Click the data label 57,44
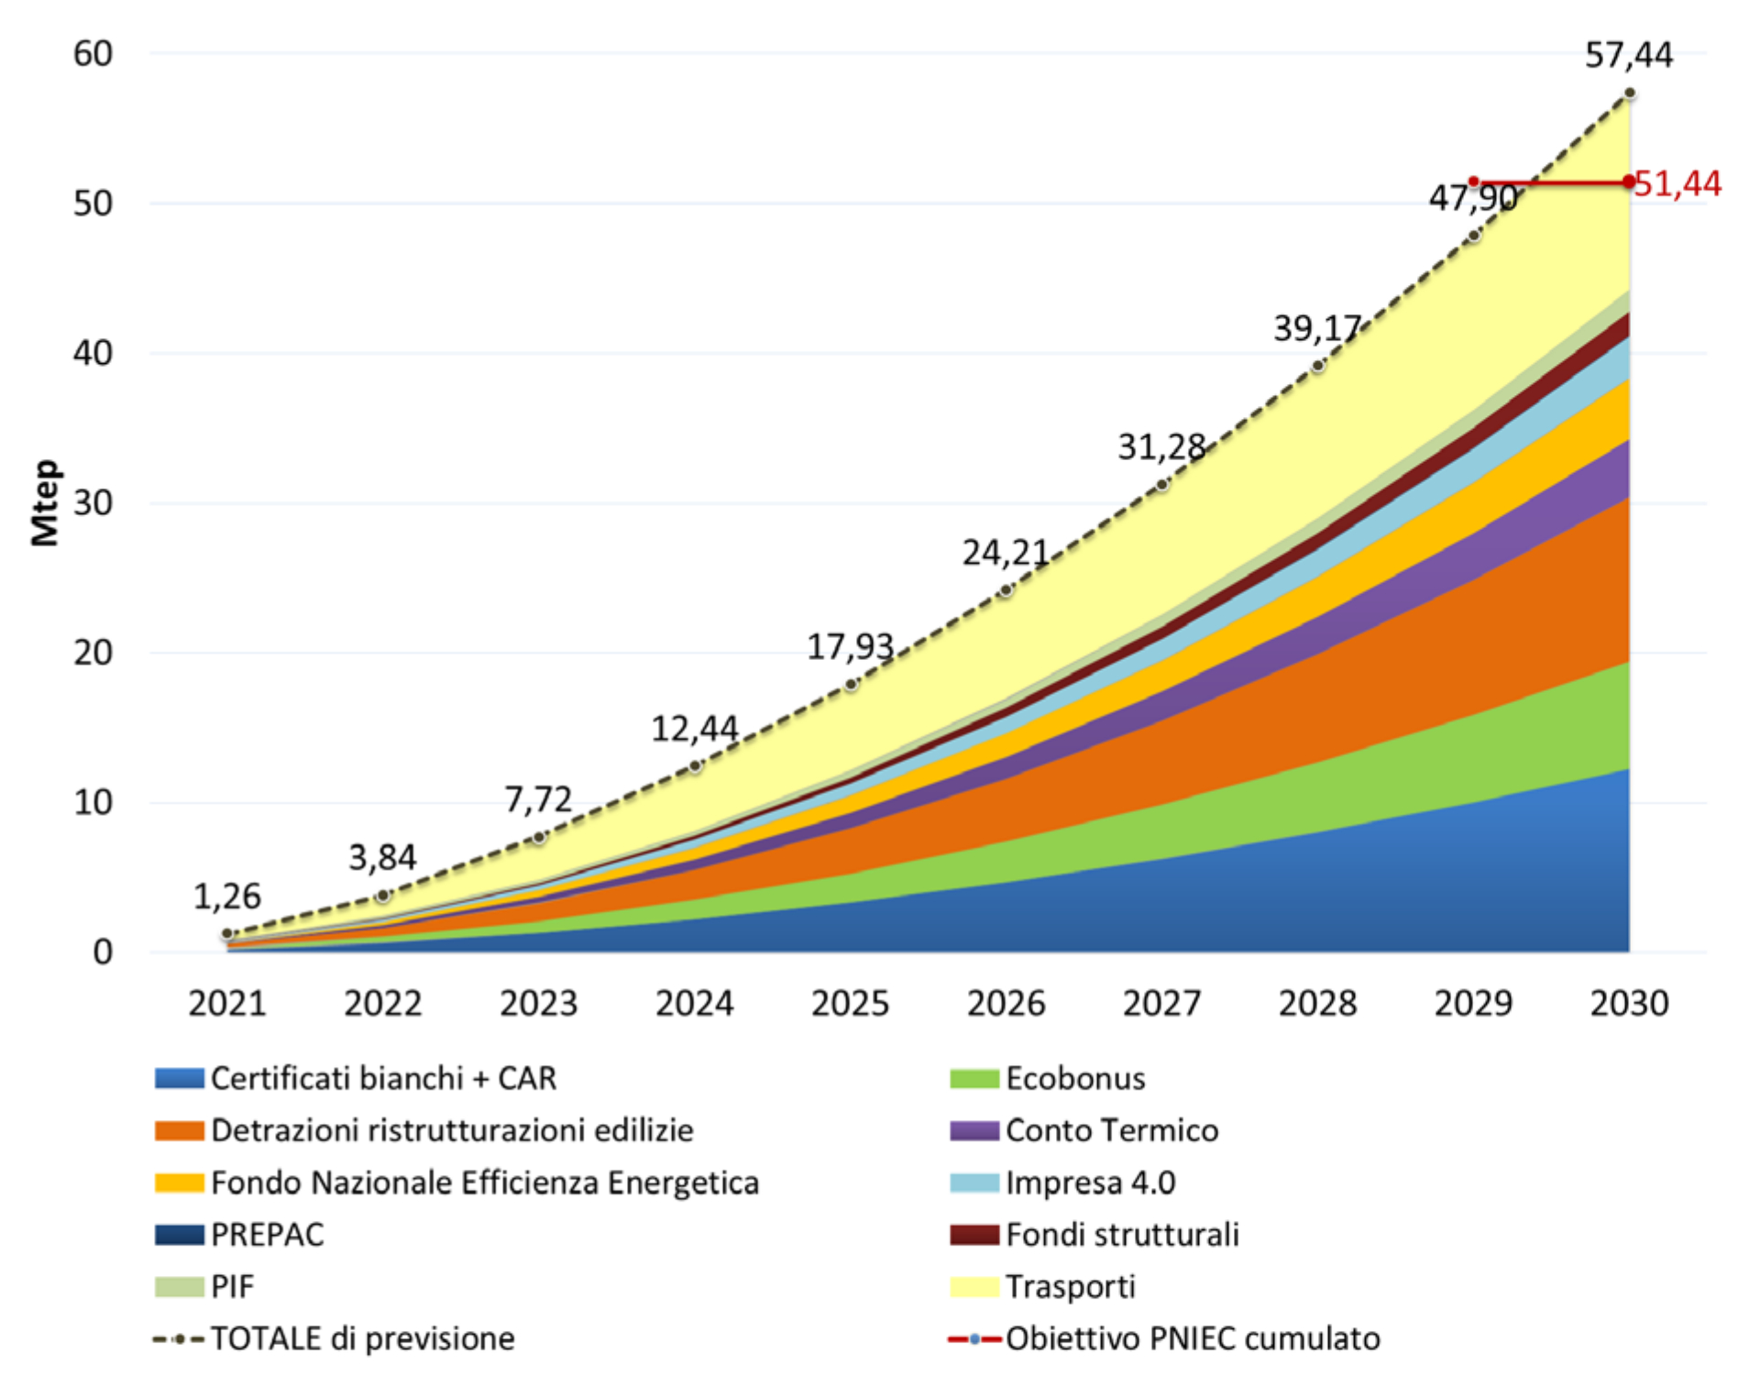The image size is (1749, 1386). [x=1628, y=56]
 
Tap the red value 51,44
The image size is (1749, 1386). [x=1677, y=184]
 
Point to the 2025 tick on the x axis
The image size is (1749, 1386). [x=850, y=1004]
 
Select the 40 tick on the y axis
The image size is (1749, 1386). [x=93, y=353]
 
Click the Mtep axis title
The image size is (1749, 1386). [x=45, y=502]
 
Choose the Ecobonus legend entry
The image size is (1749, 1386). [x=1074, y=1079]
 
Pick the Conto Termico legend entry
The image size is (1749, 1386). [x=1111, y=1130]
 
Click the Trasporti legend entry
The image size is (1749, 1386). [x=1070, y=1287]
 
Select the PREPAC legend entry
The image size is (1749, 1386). [x=267, y=1235]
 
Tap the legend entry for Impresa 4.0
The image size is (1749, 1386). [x=1090, y=1182]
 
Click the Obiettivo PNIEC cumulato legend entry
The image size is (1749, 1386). [x=1192, y=1339]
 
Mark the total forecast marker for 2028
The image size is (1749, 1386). [x=1317, y=366]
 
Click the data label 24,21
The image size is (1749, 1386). [x=1006, y=553]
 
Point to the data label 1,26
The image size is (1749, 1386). [x=226, y=896]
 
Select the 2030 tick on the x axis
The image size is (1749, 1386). [x=1629, y=1004]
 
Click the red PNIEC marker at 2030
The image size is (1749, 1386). [x=1628, y=182]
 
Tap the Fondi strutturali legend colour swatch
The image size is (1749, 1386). [x=974, y=1235]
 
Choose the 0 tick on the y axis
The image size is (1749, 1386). [x=103, y=952]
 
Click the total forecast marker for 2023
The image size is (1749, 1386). [x=539, y=837]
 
